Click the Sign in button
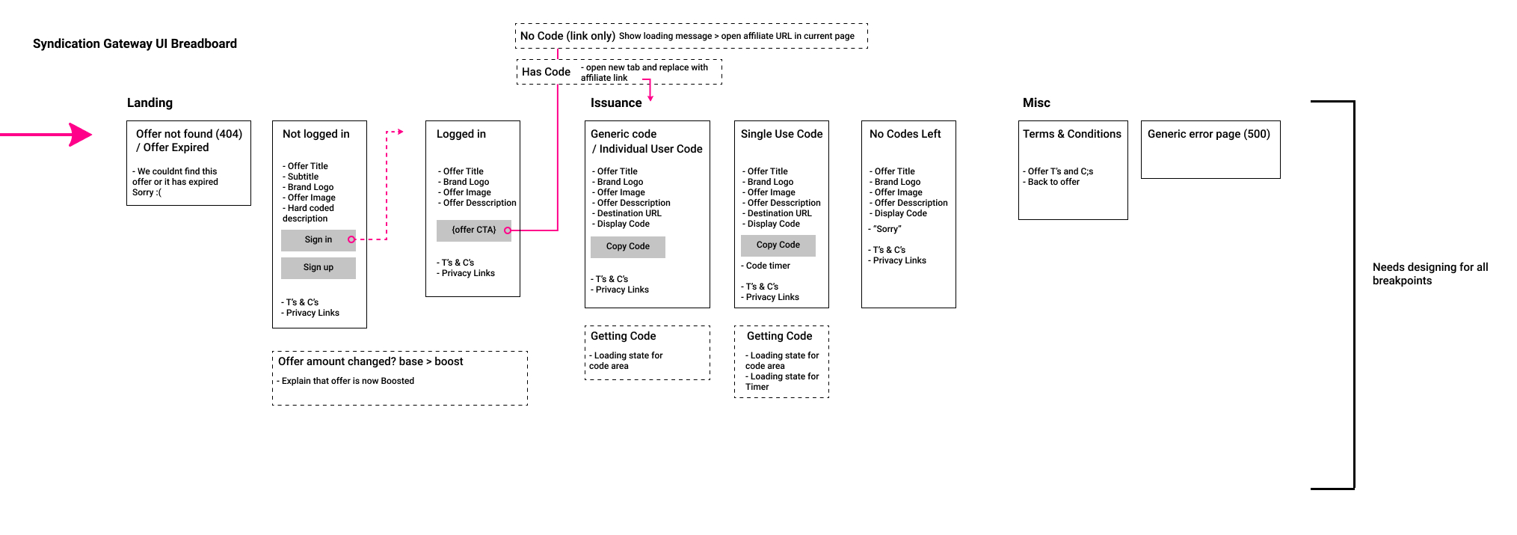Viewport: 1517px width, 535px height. click(319, 240)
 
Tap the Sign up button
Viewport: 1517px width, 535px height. click(319, 268)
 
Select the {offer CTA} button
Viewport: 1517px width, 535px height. click(473, 230)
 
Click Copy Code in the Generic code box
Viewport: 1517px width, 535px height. click(627, 247)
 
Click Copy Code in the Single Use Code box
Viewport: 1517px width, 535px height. click(778, 245)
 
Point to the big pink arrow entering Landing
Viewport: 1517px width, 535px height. click(52, 135)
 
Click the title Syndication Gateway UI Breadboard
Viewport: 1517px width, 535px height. click(135, 44)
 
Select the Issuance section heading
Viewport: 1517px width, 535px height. click(615, 103)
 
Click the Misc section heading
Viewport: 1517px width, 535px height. click(1036, 103)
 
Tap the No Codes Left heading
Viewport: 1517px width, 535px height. click(905, 135)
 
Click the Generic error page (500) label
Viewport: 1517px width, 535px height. click(1208, 135)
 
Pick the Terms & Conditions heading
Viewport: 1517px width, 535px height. click(1071, 135)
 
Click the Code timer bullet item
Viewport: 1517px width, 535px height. click(767, 266)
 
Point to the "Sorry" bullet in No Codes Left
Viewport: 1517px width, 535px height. click(886, 230)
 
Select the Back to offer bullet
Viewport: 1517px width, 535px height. click(1053, 183)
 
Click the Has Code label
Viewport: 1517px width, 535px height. click(546, 73)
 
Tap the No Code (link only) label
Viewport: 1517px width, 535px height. click(567, 37)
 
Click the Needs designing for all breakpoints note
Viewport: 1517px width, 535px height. click(1430, 274)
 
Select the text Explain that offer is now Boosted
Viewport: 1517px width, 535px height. click(347, 382)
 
